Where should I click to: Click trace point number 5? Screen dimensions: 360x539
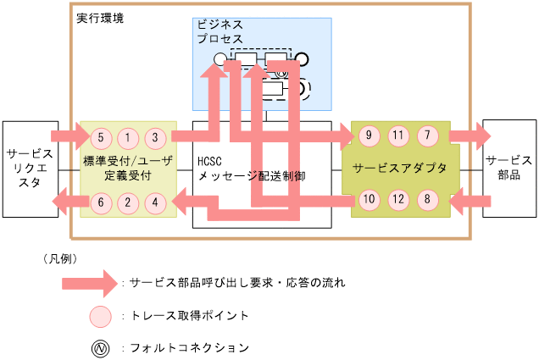(x=100, y=136)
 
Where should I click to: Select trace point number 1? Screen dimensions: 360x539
(x=128, y=136)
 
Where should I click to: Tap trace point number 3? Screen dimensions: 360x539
(x=155, y=136)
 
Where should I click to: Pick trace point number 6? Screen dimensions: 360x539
(x=100, y=202)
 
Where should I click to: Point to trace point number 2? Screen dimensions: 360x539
(x=128, y=202)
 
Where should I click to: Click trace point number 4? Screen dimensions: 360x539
(x=155, y=202)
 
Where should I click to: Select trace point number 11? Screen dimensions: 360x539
(x=399, y=135)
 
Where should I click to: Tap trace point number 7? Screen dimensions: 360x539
(x=428, y=135)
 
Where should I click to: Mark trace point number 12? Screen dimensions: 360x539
(x=399, y=201)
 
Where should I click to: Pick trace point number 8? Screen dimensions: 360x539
(x=428, y=201)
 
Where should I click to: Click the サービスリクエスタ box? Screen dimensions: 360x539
(x=30, y=168)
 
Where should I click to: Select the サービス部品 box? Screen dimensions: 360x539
(x=509, y=168)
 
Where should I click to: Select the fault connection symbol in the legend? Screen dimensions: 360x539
(x=100, y=347)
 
